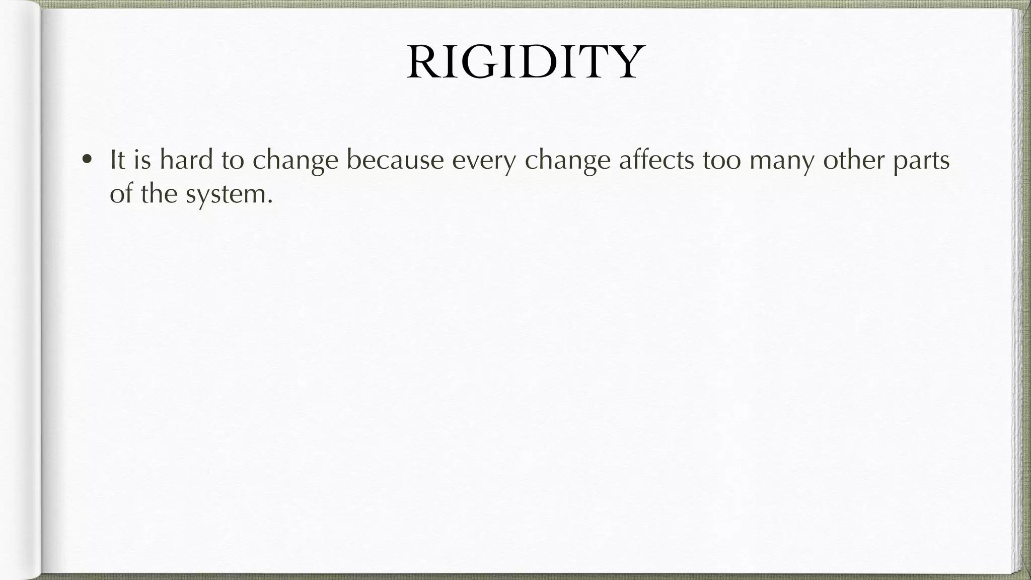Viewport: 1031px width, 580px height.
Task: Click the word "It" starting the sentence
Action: tap(117, 160)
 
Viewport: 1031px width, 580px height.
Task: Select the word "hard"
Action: tap(186, 160)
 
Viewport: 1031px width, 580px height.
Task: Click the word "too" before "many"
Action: tap(722, 160)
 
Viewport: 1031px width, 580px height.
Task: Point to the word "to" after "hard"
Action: tap(233, 160)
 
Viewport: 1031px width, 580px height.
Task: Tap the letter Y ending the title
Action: tap(624, 62)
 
